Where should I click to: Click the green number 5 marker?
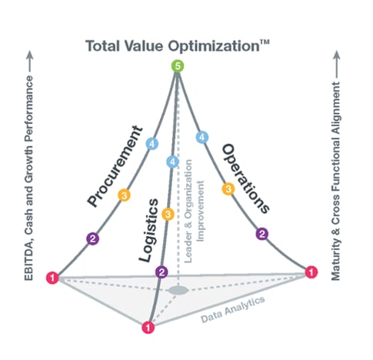[178, 66]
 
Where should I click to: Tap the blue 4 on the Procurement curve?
[152, 144]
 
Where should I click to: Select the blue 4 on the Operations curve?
[202, 137]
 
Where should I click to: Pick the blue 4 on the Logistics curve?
[172, 162]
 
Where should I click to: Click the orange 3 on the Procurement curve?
[124, 195]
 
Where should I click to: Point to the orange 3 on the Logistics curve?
[168, 214]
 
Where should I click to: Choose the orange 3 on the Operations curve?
[228, 189]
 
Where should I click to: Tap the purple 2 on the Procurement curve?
[92, 238]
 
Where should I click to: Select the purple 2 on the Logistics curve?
[162, 272]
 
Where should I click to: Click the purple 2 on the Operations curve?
[262, 234]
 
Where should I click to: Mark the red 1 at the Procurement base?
[52, 278]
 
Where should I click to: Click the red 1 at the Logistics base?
[148, 328]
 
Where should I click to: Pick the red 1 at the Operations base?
[311, 272]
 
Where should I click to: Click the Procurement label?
[115, 166]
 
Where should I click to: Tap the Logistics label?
[148, 230]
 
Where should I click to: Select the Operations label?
[246, 178]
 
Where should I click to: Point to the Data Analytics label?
[232, 309]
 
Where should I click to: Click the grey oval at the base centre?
[178, 291]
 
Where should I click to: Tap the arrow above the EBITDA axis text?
[30, 62]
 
